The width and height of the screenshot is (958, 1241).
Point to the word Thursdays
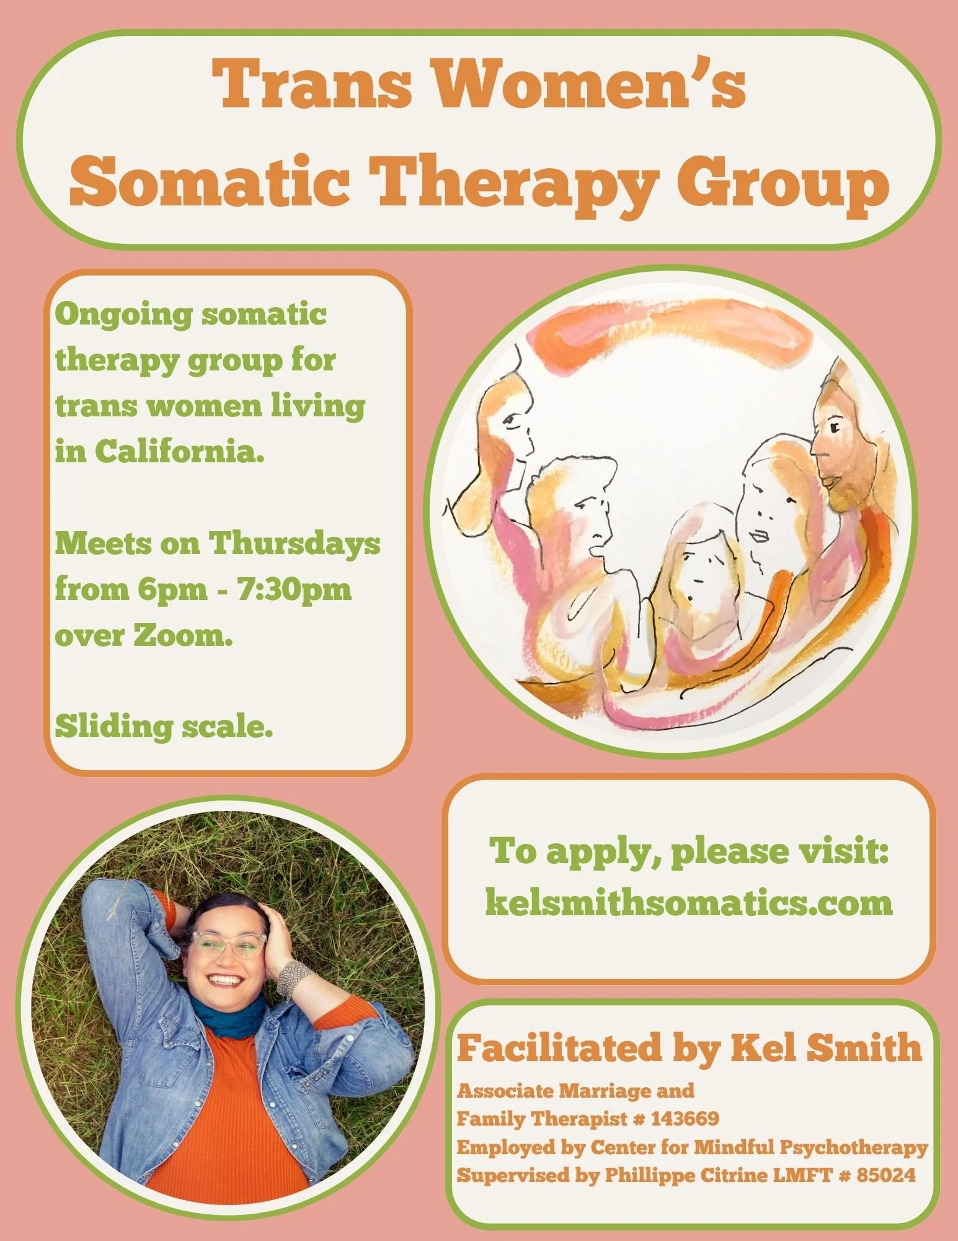pyautogui.click(x=294, y=544)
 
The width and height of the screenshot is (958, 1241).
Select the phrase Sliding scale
pyautogui.click(x=164, y=727)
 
